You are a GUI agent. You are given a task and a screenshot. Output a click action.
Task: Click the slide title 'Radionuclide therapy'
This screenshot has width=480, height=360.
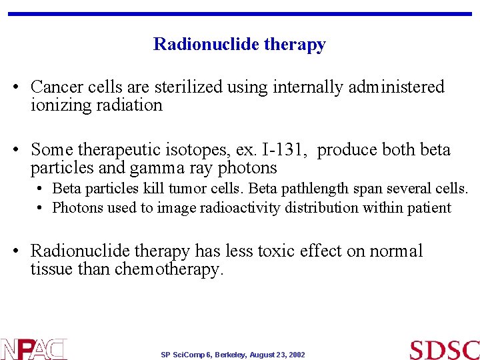[239, 45]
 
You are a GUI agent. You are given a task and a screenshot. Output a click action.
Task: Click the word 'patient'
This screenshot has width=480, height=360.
[428, 207]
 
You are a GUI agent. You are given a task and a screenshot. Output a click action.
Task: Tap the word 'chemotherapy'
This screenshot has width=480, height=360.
[167, 269]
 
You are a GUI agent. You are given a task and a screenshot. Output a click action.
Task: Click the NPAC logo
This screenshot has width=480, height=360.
[33, 349]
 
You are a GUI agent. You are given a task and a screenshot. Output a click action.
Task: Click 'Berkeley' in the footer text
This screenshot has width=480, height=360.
[227, 355]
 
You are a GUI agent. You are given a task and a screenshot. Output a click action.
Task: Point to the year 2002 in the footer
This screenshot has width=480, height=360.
[296, 355]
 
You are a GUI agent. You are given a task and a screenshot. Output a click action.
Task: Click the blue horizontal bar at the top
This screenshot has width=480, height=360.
[239, 13]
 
